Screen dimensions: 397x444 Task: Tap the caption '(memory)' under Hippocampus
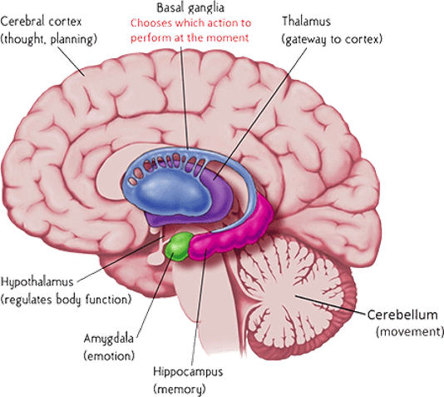[178, 389]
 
